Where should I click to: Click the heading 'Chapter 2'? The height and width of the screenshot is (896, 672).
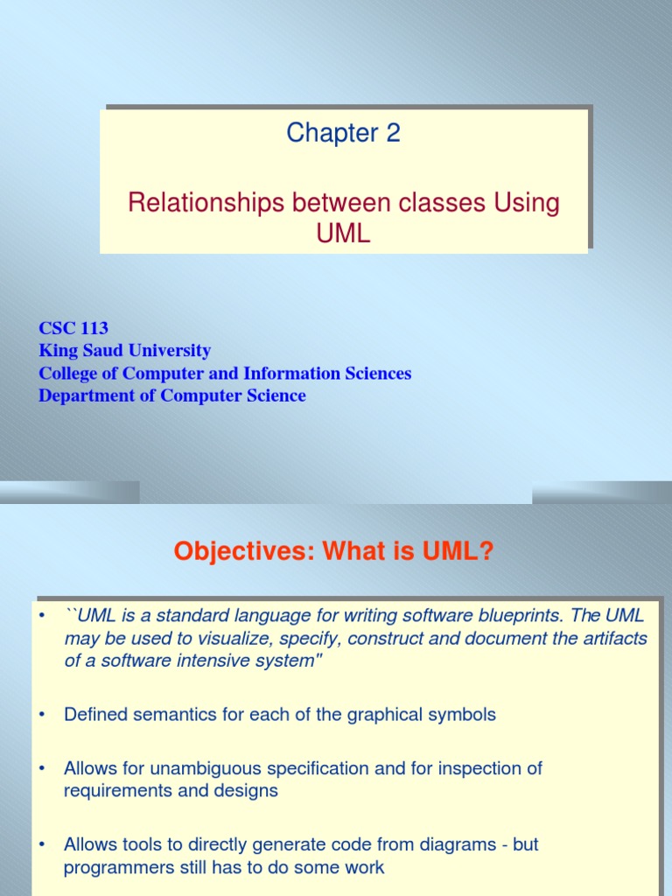click(343, 133)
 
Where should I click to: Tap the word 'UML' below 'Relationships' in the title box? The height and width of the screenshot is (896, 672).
click(344, 233)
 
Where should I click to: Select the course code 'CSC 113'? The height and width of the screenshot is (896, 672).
click(73, 328)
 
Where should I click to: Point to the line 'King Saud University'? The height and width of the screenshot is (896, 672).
click(124, 351)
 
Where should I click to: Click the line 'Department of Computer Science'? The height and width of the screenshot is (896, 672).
click(172, 395)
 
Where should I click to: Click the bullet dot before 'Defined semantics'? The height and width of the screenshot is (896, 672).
click(40, 715)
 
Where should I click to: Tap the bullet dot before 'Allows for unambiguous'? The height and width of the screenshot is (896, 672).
click(40, 768)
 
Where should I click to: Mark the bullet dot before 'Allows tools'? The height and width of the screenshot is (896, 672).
click(40, 844)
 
